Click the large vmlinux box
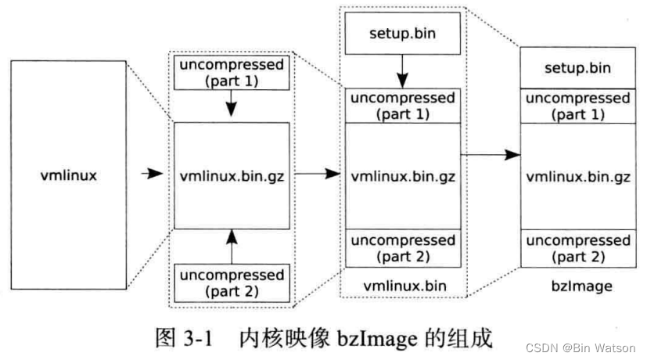[69, 175]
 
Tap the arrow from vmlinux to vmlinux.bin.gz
[152, 175]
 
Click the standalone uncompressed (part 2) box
[231, 282]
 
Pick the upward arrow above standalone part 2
[231, 247]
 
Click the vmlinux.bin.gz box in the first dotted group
[231, 175]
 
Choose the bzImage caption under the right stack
[577, 286]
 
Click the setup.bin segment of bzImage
[577, 68]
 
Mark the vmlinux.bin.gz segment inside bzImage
[577, 176]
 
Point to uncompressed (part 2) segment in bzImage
[577, 248]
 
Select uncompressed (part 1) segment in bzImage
[577, 106]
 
